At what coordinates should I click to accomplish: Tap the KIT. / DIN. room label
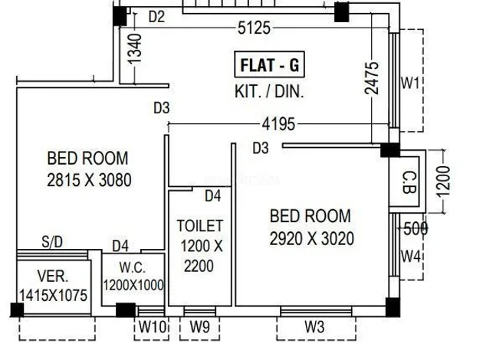point(269,91)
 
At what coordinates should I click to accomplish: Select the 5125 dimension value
point(254,29)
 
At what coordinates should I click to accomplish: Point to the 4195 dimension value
point(281,123)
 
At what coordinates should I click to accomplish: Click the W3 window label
point(315,327)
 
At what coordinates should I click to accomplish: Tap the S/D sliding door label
point(52,243)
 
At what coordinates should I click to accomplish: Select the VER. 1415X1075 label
point(52,285)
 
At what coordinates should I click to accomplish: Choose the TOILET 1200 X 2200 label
point(199,246)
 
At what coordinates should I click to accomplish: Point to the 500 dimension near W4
point(415,227)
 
